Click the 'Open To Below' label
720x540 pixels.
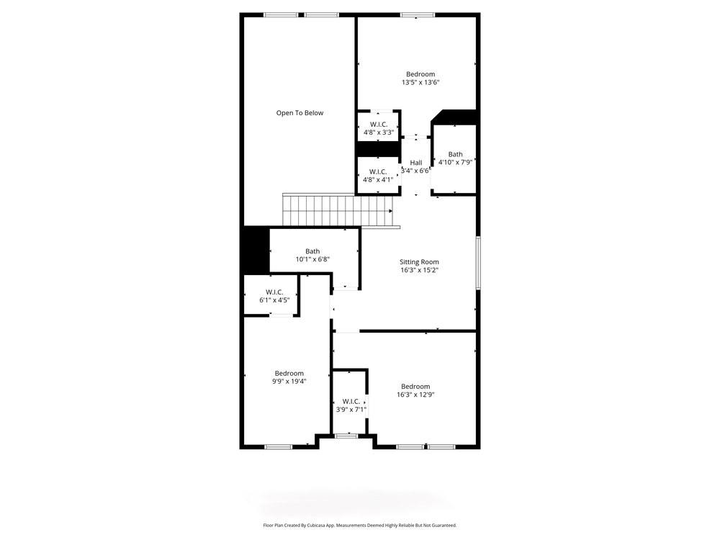[300, 113]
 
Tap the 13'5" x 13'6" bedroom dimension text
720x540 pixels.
[420, 83]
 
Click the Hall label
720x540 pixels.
[416, 163]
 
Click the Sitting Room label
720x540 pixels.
[419, 262]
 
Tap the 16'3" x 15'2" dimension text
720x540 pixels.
[419, 271]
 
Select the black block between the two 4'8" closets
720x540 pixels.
[379, 148]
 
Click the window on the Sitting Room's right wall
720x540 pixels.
[477, 263]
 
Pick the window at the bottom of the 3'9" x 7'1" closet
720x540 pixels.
[347, 436]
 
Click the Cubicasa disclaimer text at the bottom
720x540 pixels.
[359, 526]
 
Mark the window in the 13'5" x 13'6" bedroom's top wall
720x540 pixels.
[418, 14]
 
